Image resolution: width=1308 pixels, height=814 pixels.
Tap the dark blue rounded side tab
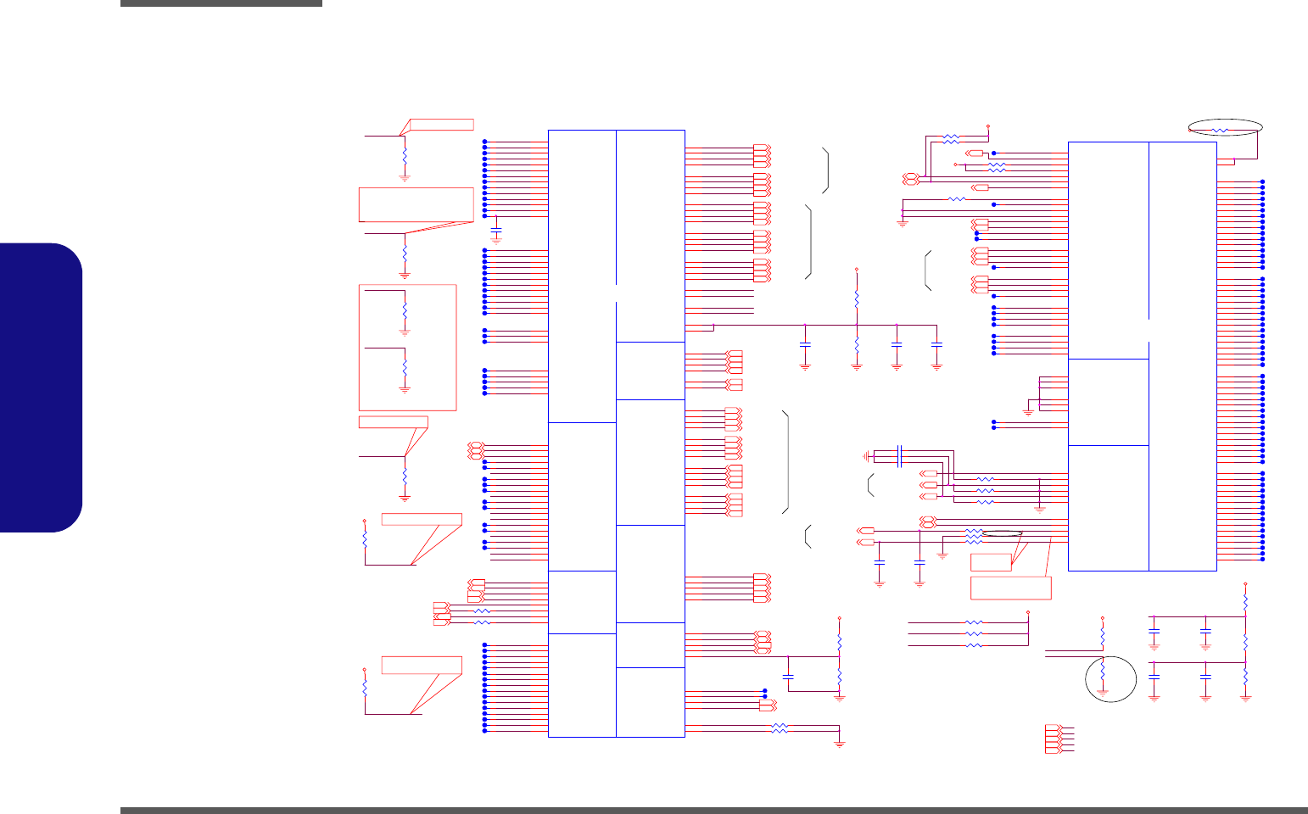click(42, 387)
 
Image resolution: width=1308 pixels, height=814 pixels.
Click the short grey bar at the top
click(221, 3)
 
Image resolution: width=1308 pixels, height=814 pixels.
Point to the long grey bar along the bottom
click(713, 810)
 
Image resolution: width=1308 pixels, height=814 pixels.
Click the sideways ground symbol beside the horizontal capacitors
click(867, 455)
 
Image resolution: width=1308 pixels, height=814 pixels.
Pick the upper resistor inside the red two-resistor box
click(405, 309)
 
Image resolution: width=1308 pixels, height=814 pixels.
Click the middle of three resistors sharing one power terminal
click(975, 633)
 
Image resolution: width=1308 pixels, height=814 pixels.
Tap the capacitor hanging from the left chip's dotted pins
click(497, 231)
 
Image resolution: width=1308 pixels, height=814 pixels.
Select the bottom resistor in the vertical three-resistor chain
click(1245, 677)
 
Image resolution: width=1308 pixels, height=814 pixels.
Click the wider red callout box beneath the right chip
click(1011, 588)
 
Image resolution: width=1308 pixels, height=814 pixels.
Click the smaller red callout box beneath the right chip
click(992, 560)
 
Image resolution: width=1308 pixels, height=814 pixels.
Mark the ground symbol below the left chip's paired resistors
click(840, 744)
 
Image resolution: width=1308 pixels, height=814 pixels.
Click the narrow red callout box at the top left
click(441, 125)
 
